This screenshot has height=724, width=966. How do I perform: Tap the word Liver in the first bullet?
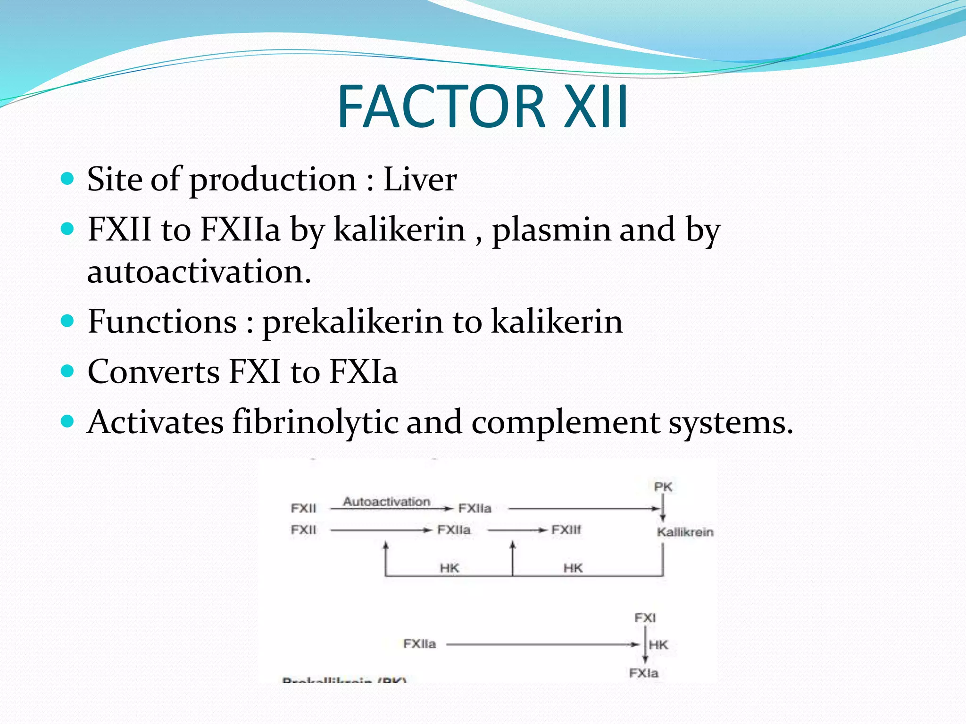click(x=420, y=180)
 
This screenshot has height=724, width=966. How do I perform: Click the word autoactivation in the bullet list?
click(x=199, y=272)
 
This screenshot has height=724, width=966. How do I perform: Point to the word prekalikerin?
click(x=352, y=322)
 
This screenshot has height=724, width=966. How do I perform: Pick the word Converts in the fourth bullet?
click(x=153, y=372)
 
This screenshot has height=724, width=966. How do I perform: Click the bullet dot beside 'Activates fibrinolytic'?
click(x=68, y=420)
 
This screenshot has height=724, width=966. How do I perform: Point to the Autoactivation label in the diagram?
click(x=386, y=502)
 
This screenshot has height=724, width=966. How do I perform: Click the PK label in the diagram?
click(x=663, y=487)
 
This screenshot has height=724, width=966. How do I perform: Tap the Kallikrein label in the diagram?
click(x=685, y=532)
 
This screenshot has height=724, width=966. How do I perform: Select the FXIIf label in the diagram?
click(x=566, y=530)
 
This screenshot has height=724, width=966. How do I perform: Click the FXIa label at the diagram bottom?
click(x=643, y=673)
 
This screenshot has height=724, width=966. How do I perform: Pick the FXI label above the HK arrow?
click(x=645, y=618)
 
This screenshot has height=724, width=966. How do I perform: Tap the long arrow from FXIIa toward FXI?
click(x=542, y=644)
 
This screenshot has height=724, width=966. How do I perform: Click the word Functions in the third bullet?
click(x=162, y=322)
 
